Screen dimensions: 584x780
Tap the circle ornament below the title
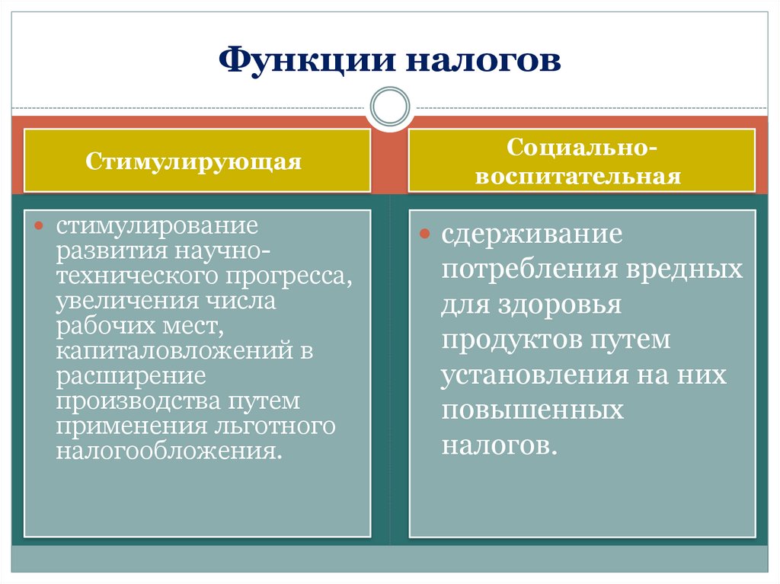click(390, 106)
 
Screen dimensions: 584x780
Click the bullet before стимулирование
click(41, 227)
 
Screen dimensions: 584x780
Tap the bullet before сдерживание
click(427, 235)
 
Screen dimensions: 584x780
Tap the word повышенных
click(532, 410)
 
